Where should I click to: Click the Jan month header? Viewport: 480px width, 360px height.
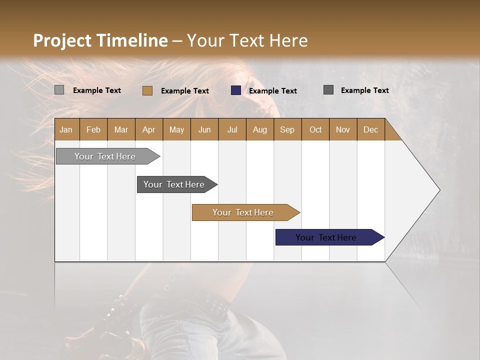(66, 129)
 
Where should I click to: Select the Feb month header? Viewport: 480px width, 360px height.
(93, 129)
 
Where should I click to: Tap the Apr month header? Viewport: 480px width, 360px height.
(148, 129)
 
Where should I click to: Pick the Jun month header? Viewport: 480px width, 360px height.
(204, 129)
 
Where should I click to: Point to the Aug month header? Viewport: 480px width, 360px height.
(259, 129)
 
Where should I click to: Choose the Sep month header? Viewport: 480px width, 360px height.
(287, 129)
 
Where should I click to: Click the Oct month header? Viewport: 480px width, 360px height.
(315, 129)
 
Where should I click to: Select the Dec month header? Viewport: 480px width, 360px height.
(370, 129)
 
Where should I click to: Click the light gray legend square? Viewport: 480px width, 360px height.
(59, 90)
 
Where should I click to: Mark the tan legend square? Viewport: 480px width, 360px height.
(147, 90)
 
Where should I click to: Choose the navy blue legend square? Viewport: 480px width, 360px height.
(236, 90)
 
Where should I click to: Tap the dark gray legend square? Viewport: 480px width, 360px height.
(328, 90)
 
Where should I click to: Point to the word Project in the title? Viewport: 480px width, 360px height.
(62, 40)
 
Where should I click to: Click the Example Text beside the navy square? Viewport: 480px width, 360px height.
(272, 91)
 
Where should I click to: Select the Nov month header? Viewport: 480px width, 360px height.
(343, 129)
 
